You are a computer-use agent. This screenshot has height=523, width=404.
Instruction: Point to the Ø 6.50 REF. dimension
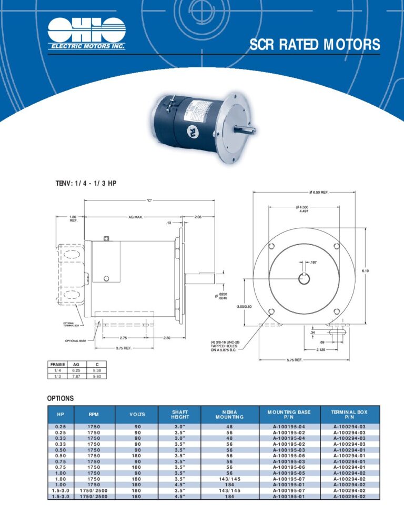[x=319, y=193]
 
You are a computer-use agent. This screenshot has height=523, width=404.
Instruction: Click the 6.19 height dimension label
[x=365, y=270]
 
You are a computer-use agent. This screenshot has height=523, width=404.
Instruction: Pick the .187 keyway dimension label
[x=313, y=262]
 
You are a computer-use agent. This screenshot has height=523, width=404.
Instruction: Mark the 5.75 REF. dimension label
[x=294, y=360]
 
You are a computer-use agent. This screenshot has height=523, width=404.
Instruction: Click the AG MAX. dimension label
[x=136, y=217]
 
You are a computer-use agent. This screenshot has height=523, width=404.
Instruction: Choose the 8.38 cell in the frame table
[x=97, y=370]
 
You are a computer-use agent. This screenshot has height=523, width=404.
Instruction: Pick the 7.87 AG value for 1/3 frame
[x=77, y=376]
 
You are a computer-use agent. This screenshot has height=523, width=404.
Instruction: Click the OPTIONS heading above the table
[x=60, y=398]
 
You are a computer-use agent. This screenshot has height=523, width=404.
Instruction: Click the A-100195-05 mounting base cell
[x=289, y=472]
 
